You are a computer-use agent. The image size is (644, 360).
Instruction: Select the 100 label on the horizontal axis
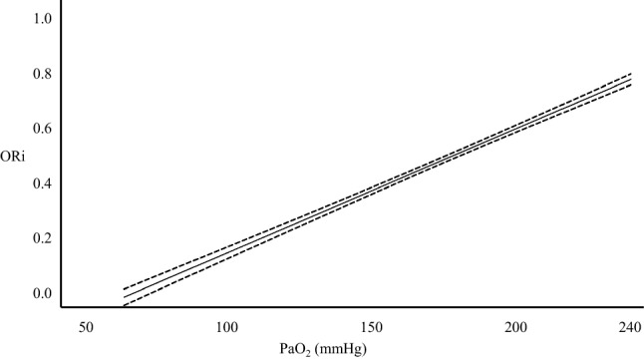click(226, 328)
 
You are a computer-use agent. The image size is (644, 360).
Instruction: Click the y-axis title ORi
click(18, 157)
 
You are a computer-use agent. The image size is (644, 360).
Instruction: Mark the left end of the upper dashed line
click(124, 289)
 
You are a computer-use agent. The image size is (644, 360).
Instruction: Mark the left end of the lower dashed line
click(124, 304)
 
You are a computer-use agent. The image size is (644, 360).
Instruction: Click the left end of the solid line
click(124, 296)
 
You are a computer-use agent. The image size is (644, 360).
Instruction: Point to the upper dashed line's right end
click(630, 74)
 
